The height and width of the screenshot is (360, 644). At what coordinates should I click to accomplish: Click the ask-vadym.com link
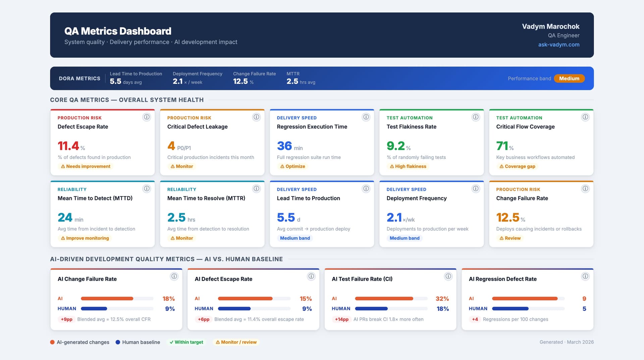558,45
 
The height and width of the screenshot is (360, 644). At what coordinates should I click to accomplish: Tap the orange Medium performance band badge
569,79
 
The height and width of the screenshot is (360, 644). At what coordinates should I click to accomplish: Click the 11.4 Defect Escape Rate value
68,146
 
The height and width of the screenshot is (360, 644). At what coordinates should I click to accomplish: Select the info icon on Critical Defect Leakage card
256,117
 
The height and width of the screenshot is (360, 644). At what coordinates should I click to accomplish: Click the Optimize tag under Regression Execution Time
292,166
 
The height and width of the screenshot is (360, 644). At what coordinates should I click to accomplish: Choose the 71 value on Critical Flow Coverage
502,146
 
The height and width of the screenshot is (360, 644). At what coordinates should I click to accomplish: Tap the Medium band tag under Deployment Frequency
404,238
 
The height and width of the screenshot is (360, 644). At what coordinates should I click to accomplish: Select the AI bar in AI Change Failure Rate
107,299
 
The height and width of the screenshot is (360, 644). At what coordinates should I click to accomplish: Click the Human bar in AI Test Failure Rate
371,309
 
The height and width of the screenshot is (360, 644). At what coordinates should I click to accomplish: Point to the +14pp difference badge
341,319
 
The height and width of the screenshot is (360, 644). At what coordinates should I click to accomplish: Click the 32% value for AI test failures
442,299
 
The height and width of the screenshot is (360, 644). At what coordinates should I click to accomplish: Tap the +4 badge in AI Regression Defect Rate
475,319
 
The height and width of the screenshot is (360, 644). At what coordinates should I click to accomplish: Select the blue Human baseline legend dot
118,342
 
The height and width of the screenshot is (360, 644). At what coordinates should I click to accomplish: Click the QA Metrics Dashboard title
118,31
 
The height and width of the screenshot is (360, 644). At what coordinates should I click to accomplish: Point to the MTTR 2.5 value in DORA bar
292,82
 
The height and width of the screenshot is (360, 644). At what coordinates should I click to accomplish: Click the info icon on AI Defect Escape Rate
311,276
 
